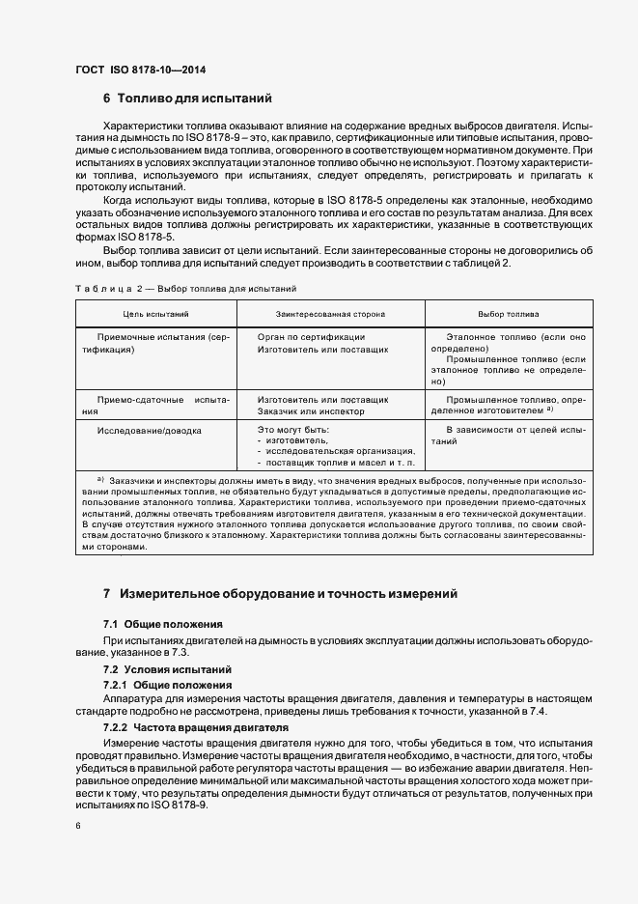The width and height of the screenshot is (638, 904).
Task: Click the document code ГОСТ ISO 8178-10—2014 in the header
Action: tap(140, 71)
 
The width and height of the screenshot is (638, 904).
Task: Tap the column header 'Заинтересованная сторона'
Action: tap(330, 314)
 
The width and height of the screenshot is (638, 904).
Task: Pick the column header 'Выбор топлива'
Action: tap(509, 314)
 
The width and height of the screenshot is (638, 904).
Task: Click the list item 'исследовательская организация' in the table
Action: tap(339, 451)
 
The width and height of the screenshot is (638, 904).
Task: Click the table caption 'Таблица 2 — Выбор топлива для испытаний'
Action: tap(185, 289)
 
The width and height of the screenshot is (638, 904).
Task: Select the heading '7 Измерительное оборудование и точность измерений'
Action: tap(279, 592)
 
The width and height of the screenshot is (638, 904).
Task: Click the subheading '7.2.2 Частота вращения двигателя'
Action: tap(189, 726)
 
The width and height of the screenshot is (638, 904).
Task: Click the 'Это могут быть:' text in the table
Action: tap(293, 428)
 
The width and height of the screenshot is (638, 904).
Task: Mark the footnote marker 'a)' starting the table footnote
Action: tap(99, 479)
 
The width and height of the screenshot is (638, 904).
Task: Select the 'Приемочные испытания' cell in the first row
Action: tap(154, 336)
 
